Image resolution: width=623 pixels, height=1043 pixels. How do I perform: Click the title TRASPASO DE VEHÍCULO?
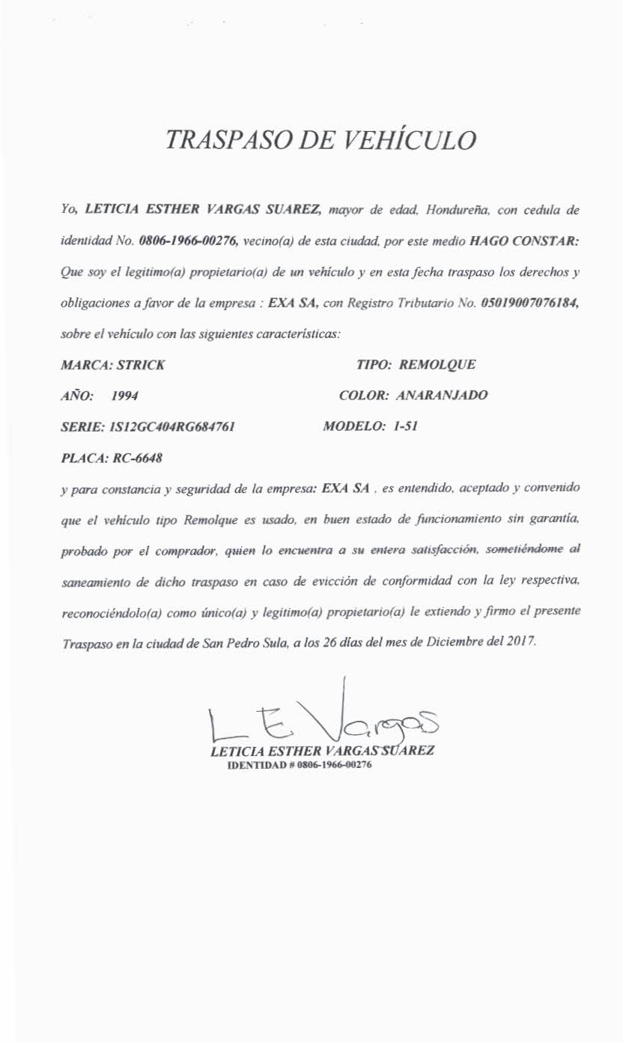pos(321,140)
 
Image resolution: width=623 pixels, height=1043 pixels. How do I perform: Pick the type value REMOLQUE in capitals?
pos(438,366)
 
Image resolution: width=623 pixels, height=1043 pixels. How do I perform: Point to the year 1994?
pos(124,396)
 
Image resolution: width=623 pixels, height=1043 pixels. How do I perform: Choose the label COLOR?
pos(363,395)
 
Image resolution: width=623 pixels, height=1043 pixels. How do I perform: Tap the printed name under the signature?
pos(323,751)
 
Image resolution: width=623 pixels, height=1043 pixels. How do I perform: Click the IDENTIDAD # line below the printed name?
pos(300,766)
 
